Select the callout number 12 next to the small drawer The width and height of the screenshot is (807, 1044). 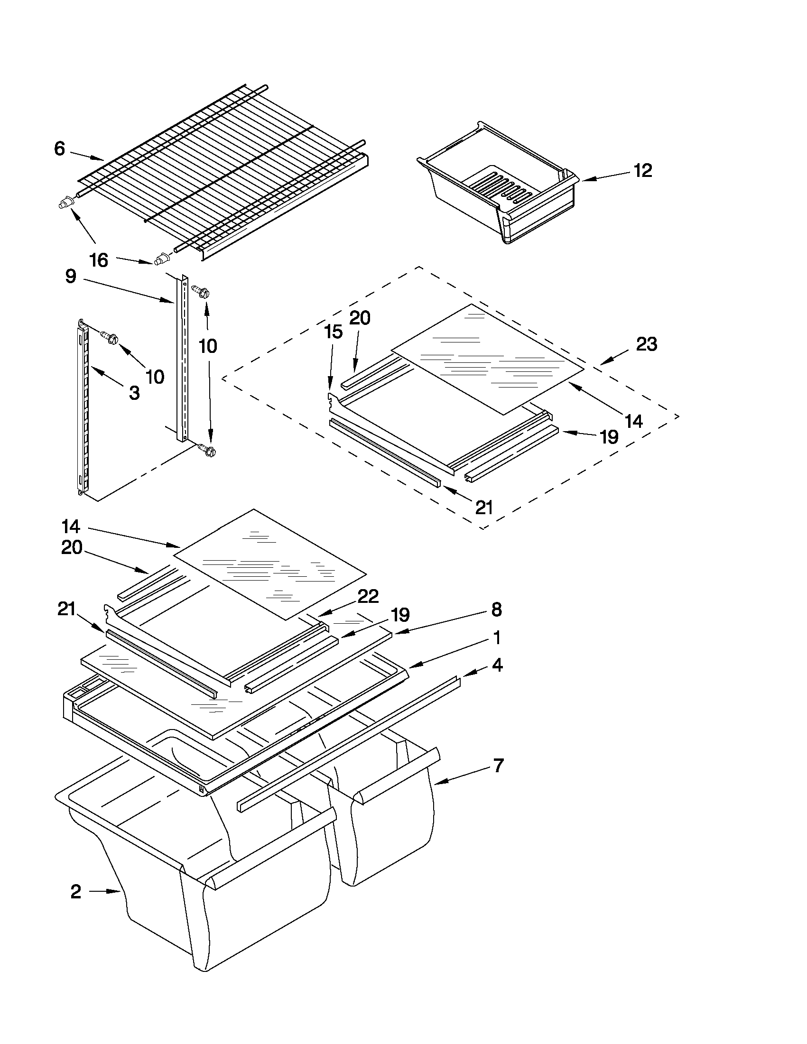pos(643,171)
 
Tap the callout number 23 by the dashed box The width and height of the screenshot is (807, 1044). pos(646,344)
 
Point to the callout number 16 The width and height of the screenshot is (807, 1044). pos(100,260)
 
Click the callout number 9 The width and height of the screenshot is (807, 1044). pos(71,277)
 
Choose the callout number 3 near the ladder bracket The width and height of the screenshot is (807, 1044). pos(135,393)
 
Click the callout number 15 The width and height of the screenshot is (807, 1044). pos(334,332)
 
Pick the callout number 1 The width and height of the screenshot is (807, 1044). pos(497,637)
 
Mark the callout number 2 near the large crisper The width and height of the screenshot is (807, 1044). pos(75,892)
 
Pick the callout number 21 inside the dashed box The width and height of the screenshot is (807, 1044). pos(484,507)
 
